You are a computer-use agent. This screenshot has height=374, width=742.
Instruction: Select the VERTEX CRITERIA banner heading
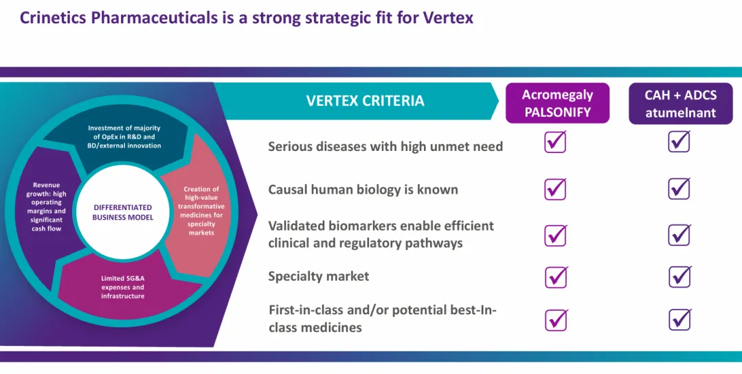[x=365, y=101]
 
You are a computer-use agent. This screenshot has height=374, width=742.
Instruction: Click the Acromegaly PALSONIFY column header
[x=557, y=103]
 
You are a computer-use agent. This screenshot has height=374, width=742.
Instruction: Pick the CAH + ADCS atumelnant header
[x=680, y=103]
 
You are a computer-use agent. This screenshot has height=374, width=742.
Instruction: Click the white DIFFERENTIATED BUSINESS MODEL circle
[x=122, y=212]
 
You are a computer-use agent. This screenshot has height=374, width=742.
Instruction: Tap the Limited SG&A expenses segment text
[x=122, y=287]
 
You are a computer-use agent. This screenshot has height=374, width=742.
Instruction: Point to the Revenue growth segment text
[x=47, y=207]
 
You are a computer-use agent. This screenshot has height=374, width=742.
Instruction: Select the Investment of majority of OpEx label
[x=124, y=137]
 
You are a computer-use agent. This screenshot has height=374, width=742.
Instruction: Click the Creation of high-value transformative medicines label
[x=201, y=211]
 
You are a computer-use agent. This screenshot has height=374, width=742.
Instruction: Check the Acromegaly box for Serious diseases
[x=556, y=141]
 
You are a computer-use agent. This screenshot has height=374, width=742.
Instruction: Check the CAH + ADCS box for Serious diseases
[x=679, y=141]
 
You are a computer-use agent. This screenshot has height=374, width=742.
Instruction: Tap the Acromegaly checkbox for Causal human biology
[x=556, y=189]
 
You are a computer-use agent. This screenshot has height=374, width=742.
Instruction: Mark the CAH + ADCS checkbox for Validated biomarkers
[x=679, y=235]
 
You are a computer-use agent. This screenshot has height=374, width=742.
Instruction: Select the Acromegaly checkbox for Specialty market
[x=556, y=277]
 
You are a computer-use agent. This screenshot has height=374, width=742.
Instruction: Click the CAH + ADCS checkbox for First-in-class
[x=680, y=320]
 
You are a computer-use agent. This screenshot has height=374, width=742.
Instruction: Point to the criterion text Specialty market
[x=319, y=276]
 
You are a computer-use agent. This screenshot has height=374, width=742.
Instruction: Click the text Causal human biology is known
[x=363, y=189]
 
